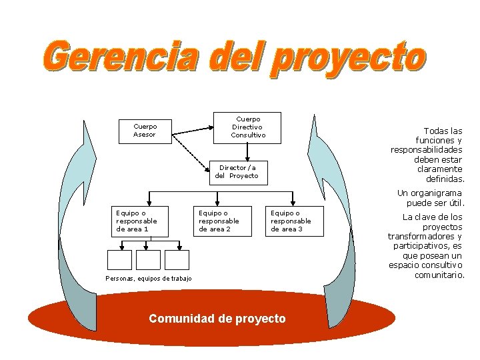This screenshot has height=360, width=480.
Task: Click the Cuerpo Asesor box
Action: coord(145,131)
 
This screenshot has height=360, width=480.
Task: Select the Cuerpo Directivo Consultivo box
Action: coord(247,127)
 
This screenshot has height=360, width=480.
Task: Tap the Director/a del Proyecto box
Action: coord(236,172)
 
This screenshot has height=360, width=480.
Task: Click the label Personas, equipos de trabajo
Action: coord(148,279)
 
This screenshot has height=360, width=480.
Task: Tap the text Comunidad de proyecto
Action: coord(217,319)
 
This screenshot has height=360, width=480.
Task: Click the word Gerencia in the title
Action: coord(123,58)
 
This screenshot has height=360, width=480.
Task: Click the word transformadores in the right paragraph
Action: coord(425,237)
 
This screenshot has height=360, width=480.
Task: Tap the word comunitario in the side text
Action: coord(439,275)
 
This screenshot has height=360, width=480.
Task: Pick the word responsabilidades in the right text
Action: coord(426,150)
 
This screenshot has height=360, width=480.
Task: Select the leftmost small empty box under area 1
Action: coord(119,259)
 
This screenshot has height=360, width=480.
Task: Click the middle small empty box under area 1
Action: coord(148,259)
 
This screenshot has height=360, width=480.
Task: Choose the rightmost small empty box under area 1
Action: coord(177,259)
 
